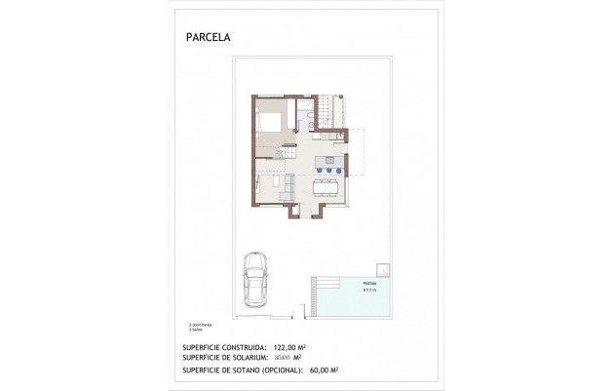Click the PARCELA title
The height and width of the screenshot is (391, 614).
tap(209, 40)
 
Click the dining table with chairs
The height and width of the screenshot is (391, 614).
tap(328, 184)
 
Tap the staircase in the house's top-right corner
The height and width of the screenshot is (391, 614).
tap(337, 110)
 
